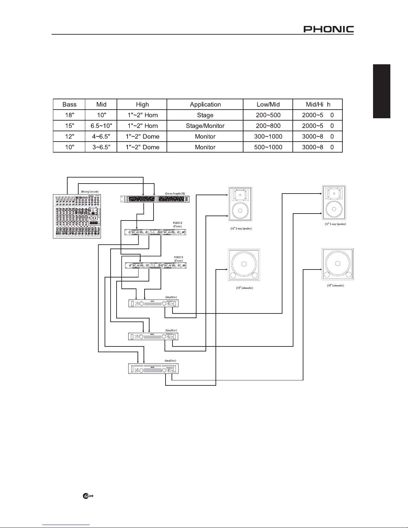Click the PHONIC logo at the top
328,29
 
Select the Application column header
205,104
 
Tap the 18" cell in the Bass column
69,115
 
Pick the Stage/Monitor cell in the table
205,126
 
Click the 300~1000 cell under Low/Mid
268,137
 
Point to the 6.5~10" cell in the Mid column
101,126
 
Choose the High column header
142,104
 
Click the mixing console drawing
77,216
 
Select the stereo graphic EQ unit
155,199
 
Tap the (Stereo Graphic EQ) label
175,193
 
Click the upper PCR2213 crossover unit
155,232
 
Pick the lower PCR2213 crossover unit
156,265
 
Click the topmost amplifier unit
154,303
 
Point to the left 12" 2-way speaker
240,204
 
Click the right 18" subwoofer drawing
337,264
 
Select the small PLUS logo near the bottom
88,496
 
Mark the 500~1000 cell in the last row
268,147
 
